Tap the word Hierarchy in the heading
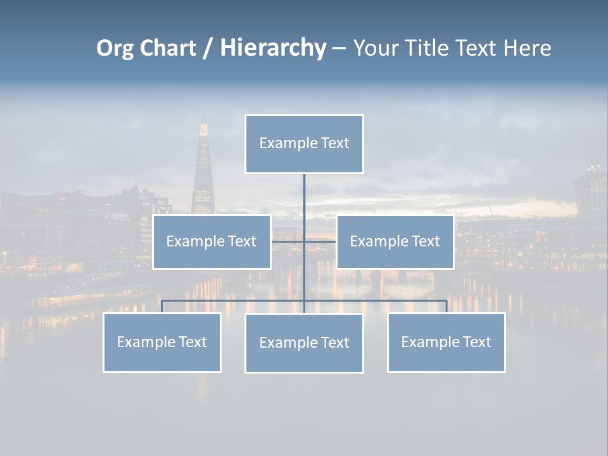click(273, 48)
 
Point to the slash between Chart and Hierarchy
click(207, 48)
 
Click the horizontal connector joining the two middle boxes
click(320, 241)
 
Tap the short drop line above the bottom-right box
click(446, 307)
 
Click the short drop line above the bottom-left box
click(161, 307)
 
